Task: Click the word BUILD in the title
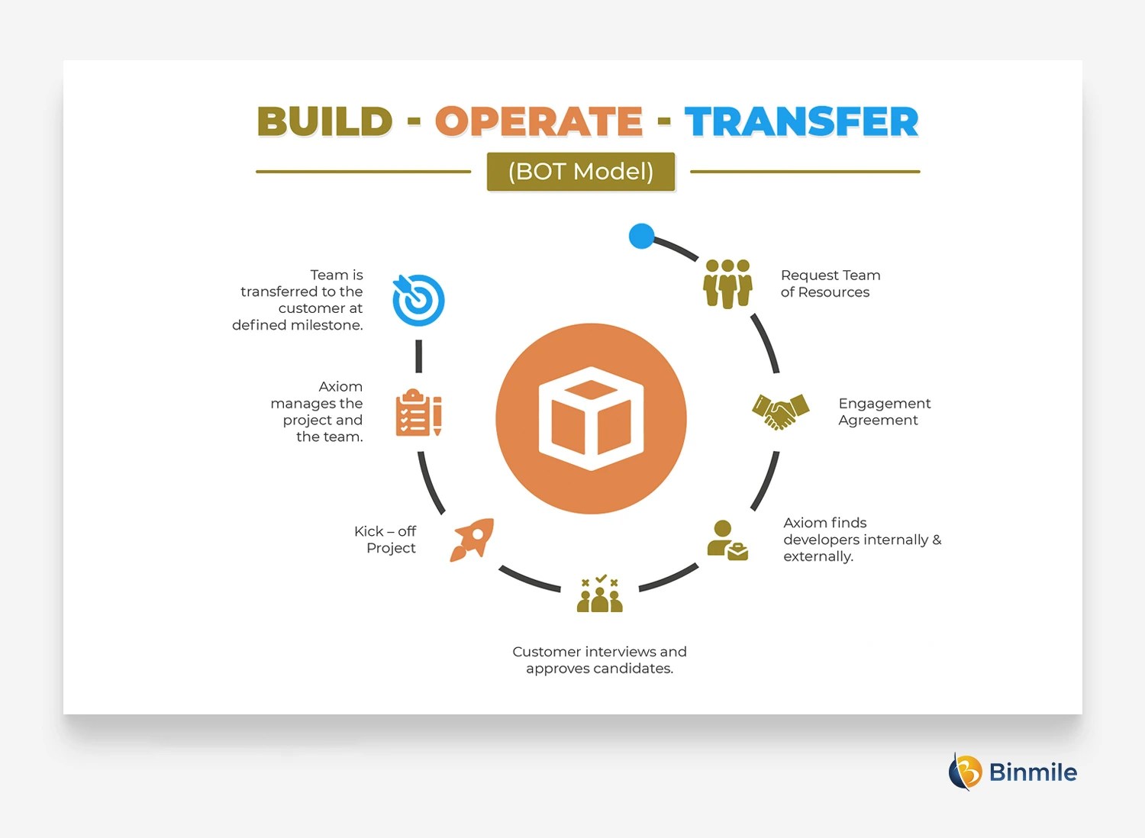click(x=324, y=122)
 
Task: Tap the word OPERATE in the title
click(x=538, y=122)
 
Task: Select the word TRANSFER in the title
click(x=801, y=122)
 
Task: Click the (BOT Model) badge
click(x=581, y=172)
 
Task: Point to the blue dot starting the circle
click(x=641, y=236)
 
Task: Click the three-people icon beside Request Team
click(x=727, y=283)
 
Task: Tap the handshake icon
click(x=780, y=411)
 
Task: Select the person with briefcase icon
click(x=727, y=540)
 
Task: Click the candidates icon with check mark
click(x=600, y=594)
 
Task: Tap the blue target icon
click(x=418, y=300)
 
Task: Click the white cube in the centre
click(x=591, y=418)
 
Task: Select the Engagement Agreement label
click(x=884, y=411)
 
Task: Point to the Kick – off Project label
click(x=385, y=540)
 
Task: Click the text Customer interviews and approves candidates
click(x=599, y=659)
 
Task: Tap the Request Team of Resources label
click(x=830, y=283)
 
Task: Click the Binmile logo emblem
click(x=965, y=772)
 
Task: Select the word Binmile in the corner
click(x=1033, y=772)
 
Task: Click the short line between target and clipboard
click(x=418, y=356)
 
